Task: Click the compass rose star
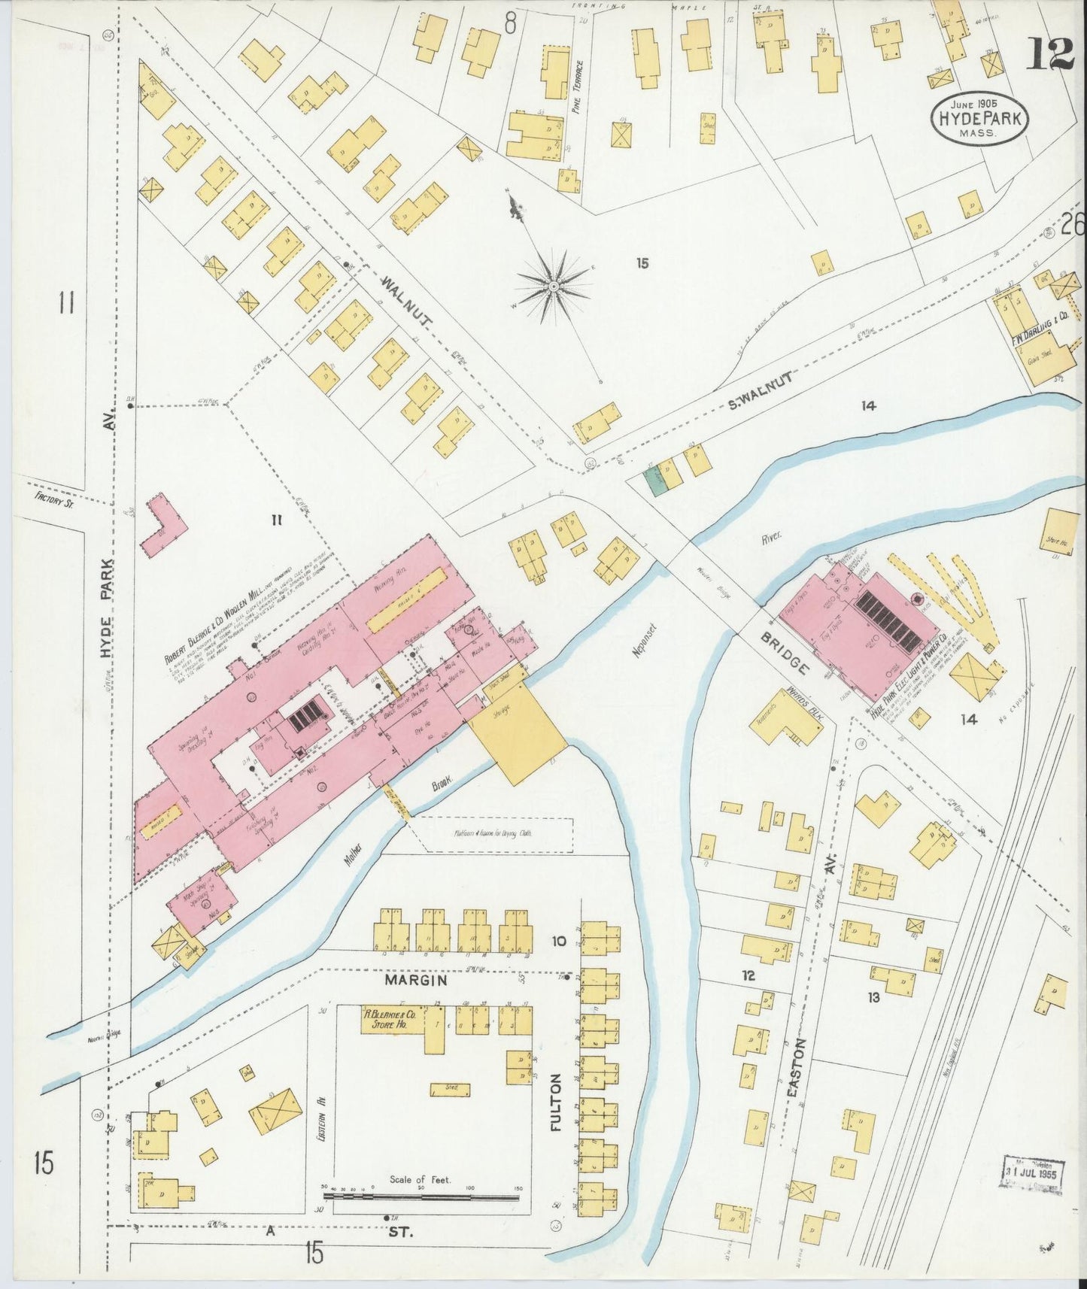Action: click(554, 287)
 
